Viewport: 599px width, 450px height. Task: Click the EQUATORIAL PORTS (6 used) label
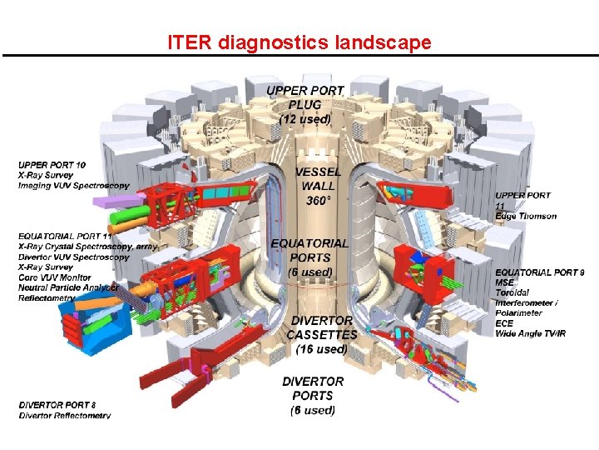click(309, 257)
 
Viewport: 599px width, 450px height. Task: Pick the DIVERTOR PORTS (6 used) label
click(313, 395)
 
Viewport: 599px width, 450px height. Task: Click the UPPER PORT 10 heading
click(52, 165)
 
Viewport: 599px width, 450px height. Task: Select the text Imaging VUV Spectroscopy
click(73, 185)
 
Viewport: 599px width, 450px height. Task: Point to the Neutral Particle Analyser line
click(68, 287)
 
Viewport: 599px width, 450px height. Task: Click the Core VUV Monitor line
click(55, 277)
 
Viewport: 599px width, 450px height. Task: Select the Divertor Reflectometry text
click(65, 415)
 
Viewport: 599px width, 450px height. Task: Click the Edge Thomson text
click(526, 216)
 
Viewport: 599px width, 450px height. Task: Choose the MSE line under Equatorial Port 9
click(504, 282)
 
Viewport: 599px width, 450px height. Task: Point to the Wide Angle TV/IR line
click(531, 333)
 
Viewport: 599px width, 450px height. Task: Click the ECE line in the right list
click(504, 323)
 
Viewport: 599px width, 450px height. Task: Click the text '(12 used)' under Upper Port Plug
click(304, 119)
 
